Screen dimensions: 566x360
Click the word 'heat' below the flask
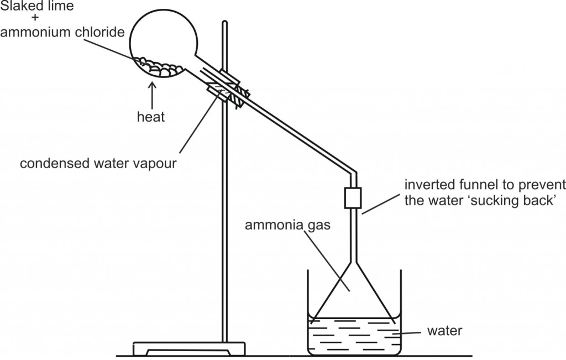(151, 117)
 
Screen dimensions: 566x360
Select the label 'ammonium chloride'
(62, 32)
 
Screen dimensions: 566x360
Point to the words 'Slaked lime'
(37, 6)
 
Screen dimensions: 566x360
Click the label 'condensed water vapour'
(98, 164)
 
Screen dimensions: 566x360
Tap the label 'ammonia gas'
(287, 225)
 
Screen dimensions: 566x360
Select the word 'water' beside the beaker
(445, 331)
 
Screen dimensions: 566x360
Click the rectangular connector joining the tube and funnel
(353, 198)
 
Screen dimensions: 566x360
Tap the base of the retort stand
(189, 348)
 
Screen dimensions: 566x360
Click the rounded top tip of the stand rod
(224, 22)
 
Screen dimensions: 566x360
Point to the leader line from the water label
(406, 333)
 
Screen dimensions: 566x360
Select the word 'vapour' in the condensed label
(154, 164)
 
